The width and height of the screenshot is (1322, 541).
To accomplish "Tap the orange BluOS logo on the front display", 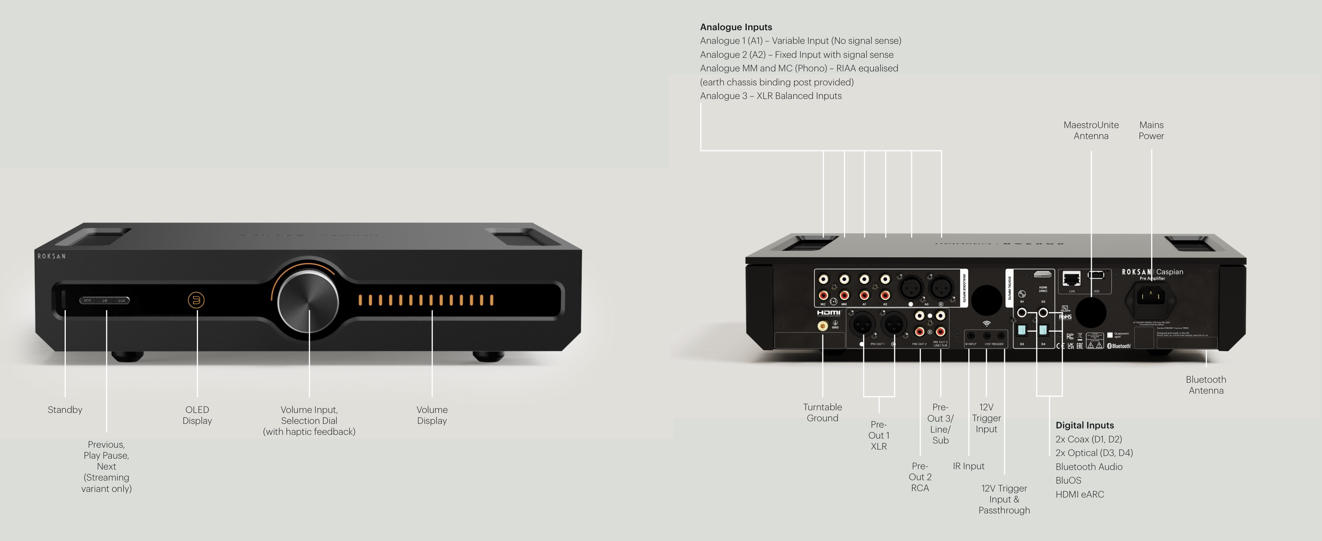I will [x=196, y=300].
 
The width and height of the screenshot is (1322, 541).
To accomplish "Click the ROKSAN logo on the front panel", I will [x=51, y=256].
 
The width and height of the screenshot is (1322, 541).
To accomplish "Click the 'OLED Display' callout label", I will [x=197, y=415].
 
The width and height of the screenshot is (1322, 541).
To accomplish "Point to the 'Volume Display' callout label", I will [x=432, y=415].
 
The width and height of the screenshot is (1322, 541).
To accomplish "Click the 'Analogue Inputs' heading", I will [x=735, y=27].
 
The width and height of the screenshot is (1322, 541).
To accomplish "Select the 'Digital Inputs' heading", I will [x=1084, y=425].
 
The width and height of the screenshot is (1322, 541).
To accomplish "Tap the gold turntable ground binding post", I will [x=822, y=326].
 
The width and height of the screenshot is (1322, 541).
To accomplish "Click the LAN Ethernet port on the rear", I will [x=1071, y=278].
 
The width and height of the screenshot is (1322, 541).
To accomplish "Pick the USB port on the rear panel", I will [x=1096, y=275].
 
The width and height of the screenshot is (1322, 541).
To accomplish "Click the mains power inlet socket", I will [x=1151, y=296].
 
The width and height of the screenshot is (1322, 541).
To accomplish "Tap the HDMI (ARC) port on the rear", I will [x=1042, y=274].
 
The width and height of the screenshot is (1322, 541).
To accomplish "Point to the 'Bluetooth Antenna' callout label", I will [x=1206, y=385].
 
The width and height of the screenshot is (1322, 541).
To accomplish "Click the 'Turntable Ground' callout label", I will [x=822, y=412].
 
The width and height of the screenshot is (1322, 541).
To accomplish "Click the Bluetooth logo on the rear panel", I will [x=1119, y=346].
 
